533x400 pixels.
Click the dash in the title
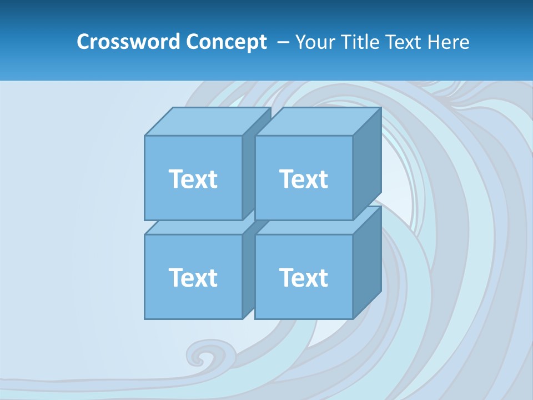(x=282, y=42)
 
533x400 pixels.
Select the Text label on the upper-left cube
(x=193, y=179)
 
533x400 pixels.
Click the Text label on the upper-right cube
(x=303, y=179)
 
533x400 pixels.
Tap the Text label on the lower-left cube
(x=193, y=277)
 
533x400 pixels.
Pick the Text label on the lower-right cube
(x=303, y=277)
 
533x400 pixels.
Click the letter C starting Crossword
(x=84, y=42)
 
